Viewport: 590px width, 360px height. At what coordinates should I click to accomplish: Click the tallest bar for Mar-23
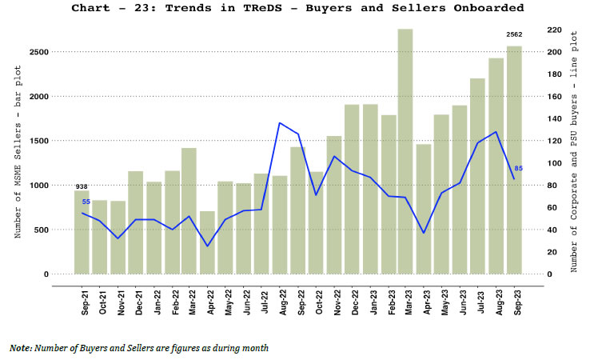[x=405, y=152]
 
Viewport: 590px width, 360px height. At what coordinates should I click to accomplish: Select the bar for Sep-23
[x=513, y=160]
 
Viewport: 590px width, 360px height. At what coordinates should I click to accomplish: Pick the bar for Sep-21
[x=82, y=232]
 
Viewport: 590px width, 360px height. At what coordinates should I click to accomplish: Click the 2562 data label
[x=513, y=35]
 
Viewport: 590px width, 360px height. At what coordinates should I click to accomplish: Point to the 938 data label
[x=82, y=186]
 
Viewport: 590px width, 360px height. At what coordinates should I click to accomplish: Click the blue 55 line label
[x=86, y=202]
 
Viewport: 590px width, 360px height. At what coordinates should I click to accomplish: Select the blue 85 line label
[x=518, y=168]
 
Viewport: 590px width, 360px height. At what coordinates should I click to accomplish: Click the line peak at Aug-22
[x=279, y=123]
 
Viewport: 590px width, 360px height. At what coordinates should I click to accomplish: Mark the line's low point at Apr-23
[x=424, y=233]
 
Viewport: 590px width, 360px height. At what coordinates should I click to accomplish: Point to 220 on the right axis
[x=552, y=30]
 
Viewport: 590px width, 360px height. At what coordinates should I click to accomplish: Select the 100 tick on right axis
[x=552, y=163]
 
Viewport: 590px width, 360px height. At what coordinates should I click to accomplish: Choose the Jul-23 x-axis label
[x=478, y=301]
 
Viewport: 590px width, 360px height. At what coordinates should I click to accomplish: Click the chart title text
[x=297, y=9]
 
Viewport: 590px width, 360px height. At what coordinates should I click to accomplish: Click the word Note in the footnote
[x=20, y=348]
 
